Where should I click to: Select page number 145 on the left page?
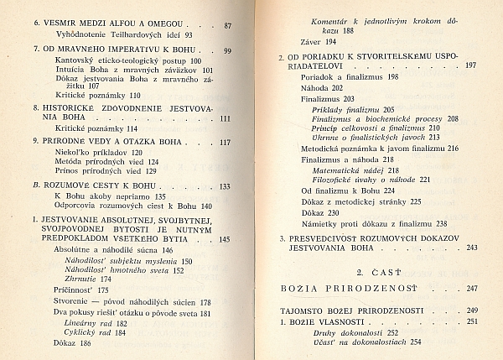coord(224,239)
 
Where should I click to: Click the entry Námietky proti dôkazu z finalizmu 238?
coord(371,222)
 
